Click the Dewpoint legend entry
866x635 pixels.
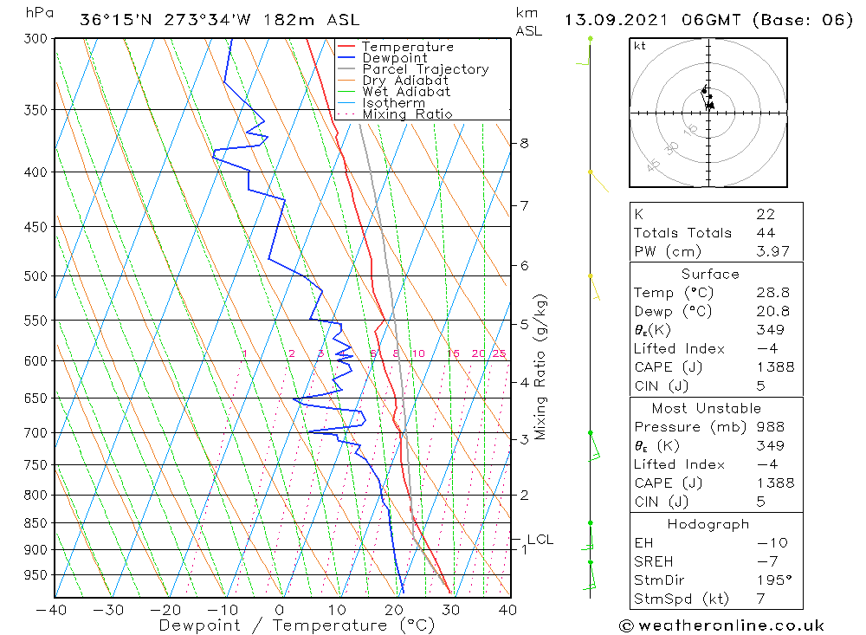[x=394, y=58]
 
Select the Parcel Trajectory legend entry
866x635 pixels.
[x=425, y=69]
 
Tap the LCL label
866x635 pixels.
[x=540, y=540]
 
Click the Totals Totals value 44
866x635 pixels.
[x=765, y=233]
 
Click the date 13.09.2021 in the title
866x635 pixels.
[x=624, y=20]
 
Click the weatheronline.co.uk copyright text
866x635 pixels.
[x=721, y=625]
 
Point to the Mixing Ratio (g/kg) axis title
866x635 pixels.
[x=540, y=366]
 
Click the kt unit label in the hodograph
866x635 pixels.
[x=639, y=46]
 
